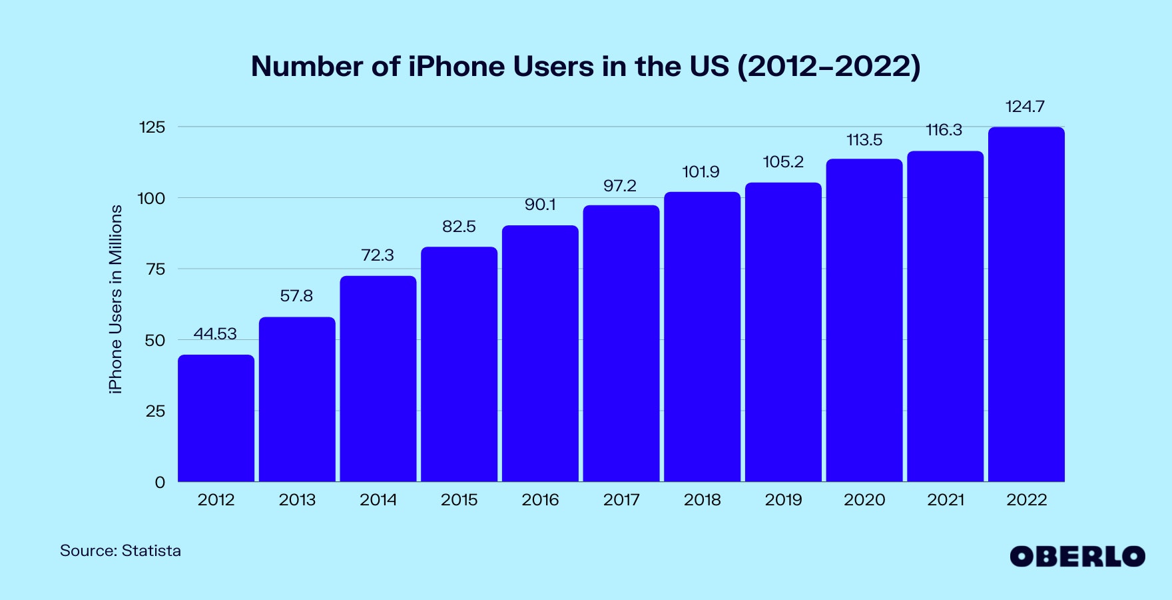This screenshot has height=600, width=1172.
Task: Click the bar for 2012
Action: tap(216, 418)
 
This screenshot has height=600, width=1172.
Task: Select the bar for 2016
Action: tap(540, 353)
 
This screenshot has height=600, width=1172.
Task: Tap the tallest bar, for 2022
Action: tap(1026, 304)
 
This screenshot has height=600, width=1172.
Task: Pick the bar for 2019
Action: tap(783, 332)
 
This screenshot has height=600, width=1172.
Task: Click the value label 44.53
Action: tap(215, 333)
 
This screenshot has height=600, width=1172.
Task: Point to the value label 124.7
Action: tap(1025, 107)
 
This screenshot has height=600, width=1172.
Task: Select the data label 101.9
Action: tap(701, 172)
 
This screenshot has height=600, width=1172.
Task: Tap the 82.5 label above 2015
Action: tap(459, 227)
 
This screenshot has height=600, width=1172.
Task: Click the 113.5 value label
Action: tap(864, 140)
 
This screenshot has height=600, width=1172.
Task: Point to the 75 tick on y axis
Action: tap(155, 269)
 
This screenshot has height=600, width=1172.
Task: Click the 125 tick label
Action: tap(152, 127)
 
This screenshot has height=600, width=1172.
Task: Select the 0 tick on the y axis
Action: tap(160, 483)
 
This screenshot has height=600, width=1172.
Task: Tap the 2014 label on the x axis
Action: tap(378, 500)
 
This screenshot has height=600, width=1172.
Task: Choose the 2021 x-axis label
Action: tap(946, 500)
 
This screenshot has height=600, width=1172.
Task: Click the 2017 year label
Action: tap(621, 500)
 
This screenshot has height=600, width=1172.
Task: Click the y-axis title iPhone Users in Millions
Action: tap(116, 299)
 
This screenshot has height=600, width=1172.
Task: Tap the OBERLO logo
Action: tap(1077, 557)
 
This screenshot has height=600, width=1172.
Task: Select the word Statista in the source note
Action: tap(151, 551)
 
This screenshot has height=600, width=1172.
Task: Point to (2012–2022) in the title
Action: tap(828, 67)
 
